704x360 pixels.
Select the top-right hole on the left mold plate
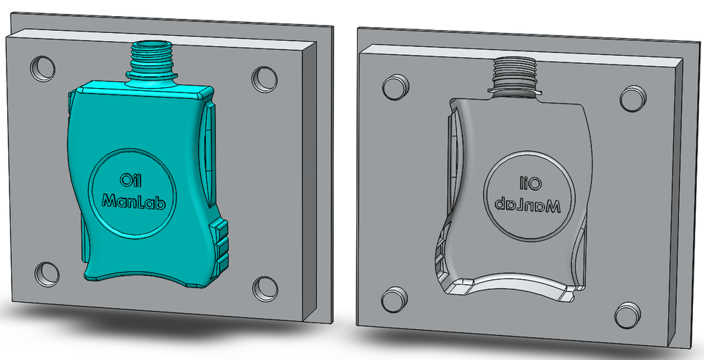(263, 77)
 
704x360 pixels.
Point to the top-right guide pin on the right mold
(631, 97)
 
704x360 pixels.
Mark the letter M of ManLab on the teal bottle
(109, 199)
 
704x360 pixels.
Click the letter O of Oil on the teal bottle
(122, 180)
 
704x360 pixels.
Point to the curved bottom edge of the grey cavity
(513, 281)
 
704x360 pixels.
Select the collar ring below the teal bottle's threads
(153, 73)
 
